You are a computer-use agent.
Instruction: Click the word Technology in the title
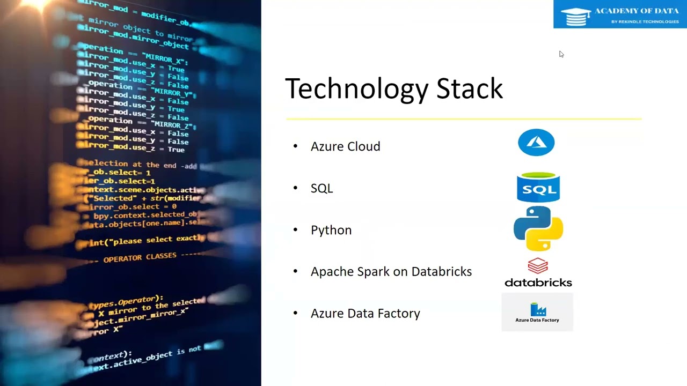356,89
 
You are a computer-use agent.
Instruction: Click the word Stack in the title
469,88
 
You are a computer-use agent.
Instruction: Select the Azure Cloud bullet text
345,146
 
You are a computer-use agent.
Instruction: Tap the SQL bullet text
321,188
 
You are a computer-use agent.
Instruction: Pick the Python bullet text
331,230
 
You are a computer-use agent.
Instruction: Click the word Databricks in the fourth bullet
441,271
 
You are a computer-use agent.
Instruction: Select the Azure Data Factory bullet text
365,313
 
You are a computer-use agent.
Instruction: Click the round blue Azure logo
536,143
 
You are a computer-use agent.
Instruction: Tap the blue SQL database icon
538,187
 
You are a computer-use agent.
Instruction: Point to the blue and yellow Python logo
538,228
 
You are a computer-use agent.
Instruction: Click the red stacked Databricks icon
537,266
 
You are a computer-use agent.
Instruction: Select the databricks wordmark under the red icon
538,283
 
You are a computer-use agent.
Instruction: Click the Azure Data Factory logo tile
537,312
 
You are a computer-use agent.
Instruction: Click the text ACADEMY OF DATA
636,11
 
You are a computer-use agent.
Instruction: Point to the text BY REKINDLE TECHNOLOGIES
645,22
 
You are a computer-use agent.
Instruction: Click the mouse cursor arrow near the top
561,54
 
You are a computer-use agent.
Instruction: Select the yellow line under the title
464,118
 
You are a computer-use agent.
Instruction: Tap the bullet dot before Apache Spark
295,271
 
